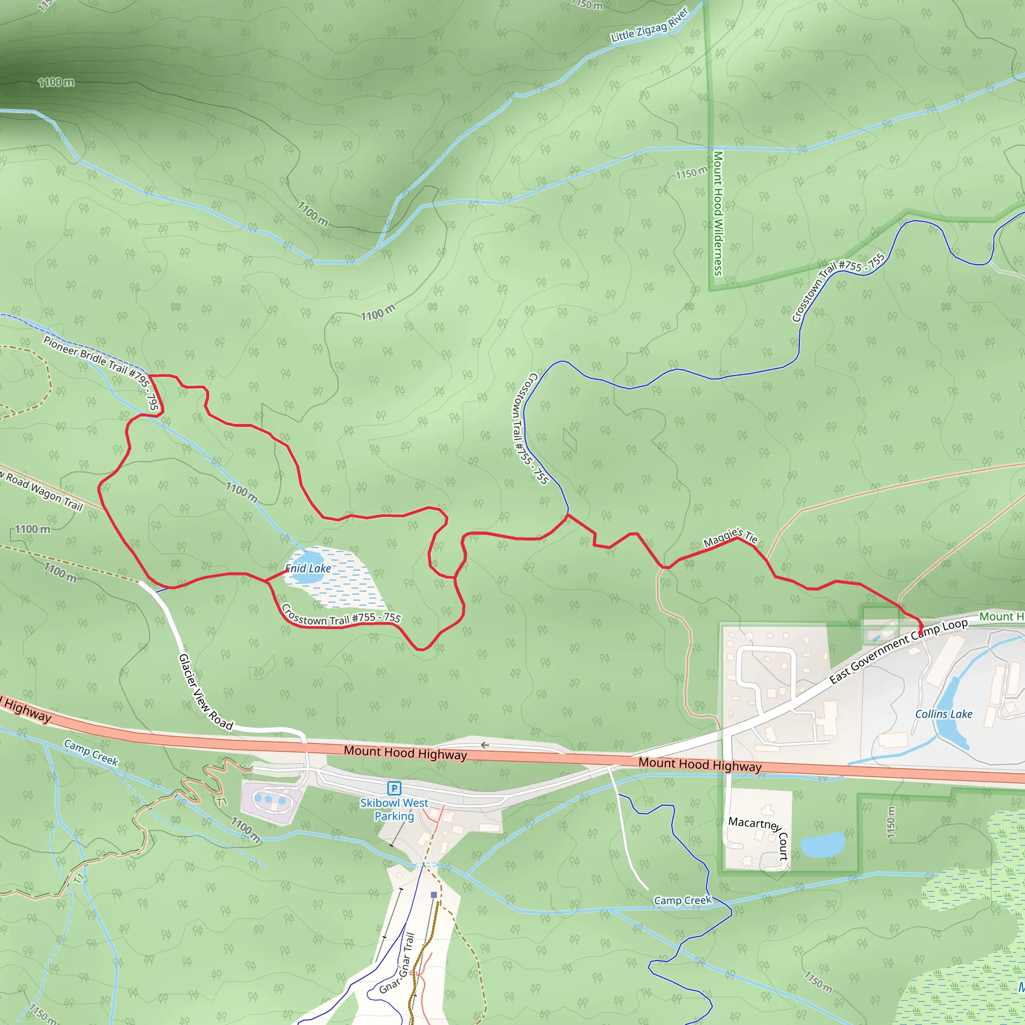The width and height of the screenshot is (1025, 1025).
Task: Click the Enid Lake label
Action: click(308, 568)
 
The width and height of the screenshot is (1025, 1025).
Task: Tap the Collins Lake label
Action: click(943, 714)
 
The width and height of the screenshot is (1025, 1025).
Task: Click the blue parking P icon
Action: click(394, 788)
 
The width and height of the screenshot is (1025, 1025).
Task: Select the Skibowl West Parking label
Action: click(394, 810)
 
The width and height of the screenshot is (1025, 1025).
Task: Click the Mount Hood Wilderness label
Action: click(718, 213)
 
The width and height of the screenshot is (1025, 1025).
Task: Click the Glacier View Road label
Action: click(205, 692)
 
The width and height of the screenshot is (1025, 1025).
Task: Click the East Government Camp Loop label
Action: click(898, 651)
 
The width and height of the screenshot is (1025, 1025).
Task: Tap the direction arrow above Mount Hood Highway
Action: click(484, 745)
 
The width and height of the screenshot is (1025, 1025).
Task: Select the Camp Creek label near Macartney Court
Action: click(682, 900)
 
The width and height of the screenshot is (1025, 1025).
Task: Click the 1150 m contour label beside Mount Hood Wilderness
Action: click(691, 173)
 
